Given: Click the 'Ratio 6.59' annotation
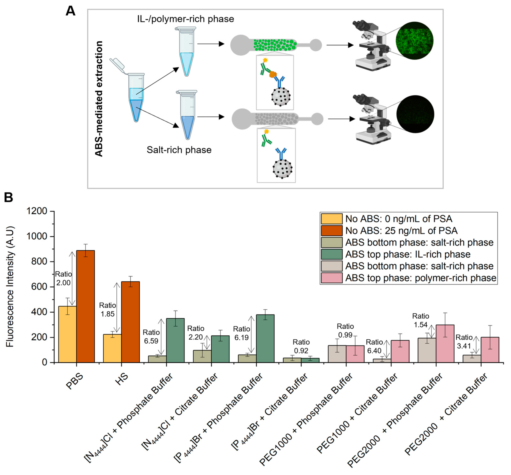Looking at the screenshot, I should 151,337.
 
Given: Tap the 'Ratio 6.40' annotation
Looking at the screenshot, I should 374,346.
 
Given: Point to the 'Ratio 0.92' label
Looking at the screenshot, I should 301,346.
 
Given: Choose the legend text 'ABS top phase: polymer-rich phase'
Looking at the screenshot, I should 421,278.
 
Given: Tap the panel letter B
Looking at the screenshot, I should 9,198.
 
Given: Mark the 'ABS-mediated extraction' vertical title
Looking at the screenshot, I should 99,99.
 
